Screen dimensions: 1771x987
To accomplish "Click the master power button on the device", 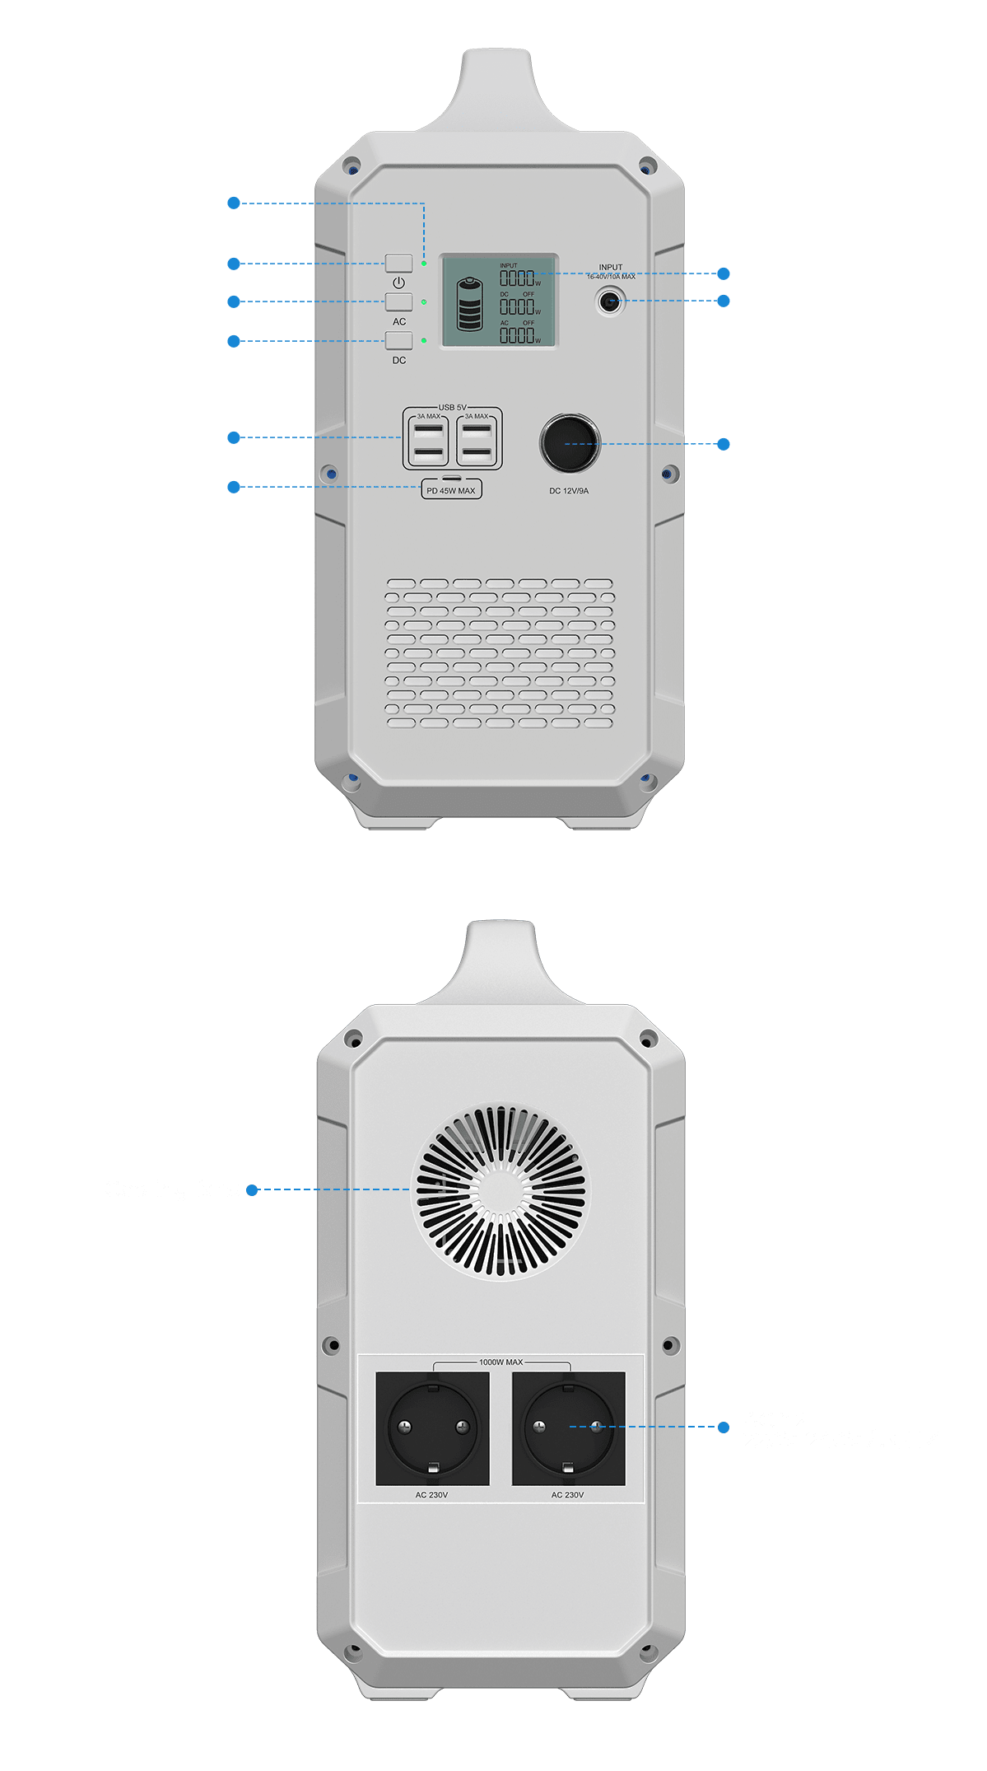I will tap(398, 264).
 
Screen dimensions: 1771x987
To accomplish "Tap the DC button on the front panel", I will tap(398, 340).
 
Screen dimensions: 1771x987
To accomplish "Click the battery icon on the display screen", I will tap(469, 304).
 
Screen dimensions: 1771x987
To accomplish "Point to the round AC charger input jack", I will tap(609, 301).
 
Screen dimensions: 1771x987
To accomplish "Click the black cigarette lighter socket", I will tap(570, 443).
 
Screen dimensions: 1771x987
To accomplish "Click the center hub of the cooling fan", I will tap(500, 1191).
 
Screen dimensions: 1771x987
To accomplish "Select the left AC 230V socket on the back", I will tap(432, 1428).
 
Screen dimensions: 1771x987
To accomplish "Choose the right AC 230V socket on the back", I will tap(568, 1428).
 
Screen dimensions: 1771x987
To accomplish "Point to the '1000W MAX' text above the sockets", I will tap(500, 1362).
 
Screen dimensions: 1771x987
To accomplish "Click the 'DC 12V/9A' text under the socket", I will tap(569, 491).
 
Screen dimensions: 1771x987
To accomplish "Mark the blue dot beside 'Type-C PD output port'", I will tap(234, 487).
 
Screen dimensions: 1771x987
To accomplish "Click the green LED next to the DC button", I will tap(424, 340).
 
